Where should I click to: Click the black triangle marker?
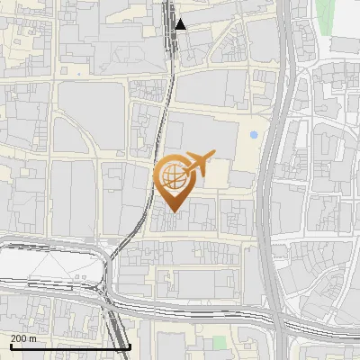click(181, 24)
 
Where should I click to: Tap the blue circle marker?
click(254, 135)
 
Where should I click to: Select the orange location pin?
click(172, 180)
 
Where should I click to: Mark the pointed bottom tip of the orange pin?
click(172, 212)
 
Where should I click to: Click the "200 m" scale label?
click(24, 338)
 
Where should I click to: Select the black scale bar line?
click(70, 346)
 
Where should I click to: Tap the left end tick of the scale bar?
click(10, 346)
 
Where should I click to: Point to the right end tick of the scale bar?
click(130, 346)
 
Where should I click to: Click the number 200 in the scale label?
click(19, 338)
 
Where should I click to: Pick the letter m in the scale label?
click(34, 338)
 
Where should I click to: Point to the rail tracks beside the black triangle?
click(171, 27)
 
